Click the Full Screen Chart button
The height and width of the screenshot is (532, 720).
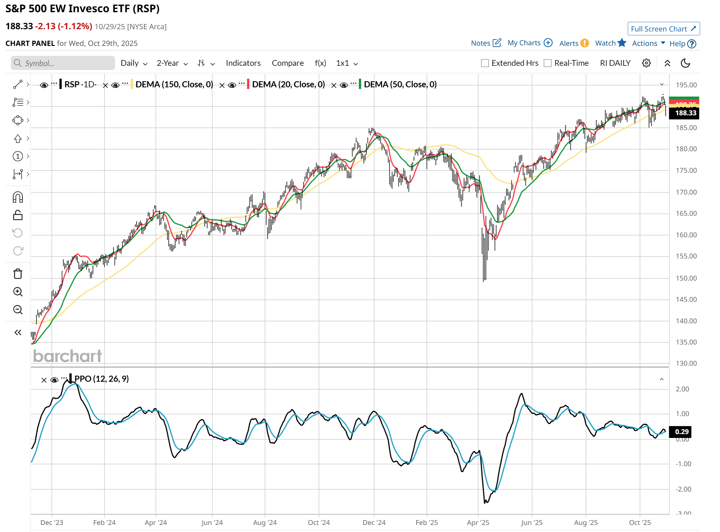pos(663,29)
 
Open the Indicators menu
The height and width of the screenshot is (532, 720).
pos(243,63)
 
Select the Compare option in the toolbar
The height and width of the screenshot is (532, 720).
pos(288,63)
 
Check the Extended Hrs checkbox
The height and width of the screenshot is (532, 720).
pos(485,63)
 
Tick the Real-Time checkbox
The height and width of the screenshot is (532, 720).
pos(547,63)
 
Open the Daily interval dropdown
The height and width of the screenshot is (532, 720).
pos(134,63)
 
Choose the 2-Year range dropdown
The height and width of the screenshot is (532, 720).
pos(172,63)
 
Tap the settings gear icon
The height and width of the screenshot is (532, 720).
pos(646,63)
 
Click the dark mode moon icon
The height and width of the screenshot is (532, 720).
pos(685,63)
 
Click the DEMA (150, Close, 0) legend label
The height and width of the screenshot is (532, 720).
pos(174,84)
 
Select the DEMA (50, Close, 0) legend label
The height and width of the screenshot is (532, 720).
pos(400,84)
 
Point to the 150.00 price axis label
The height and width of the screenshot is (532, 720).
pos(686,278)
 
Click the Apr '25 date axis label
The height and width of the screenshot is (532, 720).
pos(478,522)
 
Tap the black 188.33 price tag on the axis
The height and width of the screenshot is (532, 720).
pos(685,113)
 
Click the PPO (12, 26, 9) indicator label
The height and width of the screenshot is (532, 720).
pos(102,379)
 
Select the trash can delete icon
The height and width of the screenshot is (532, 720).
pos(18,274)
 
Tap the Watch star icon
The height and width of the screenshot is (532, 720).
pos(622,43)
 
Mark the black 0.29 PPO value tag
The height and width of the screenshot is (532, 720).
pos(682,432)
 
